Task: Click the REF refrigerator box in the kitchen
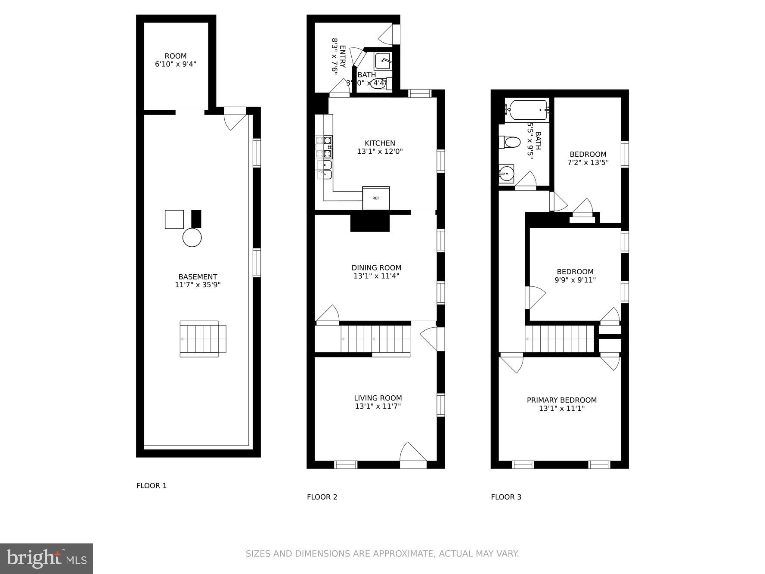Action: click(376, 198)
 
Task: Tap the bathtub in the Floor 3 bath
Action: click(528, 109)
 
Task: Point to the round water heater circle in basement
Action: click(192, 237)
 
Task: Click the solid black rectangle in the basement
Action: click(196, 219)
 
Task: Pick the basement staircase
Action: click(202, 339)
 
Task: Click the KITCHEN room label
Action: click(380, 143)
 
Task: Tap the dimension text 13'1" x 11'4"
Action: click(376, 276)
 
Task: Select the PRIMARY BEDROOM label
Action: click(561, 400)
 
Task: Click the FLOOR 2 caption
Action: click(322, 497)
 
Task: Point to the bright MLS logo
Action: click(46, 558)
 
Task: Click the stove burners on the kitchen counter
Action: click(324, 146)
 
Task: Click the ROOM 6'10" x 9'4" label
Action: click(176, 60)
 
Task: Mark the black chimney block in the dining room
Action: click(370, 223)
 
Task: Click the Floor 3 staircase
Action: click(559, 339)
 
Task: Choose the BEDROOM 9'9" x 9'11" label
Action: click(575, 276)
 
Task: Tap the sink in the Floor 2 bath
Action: click(382, 61)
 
